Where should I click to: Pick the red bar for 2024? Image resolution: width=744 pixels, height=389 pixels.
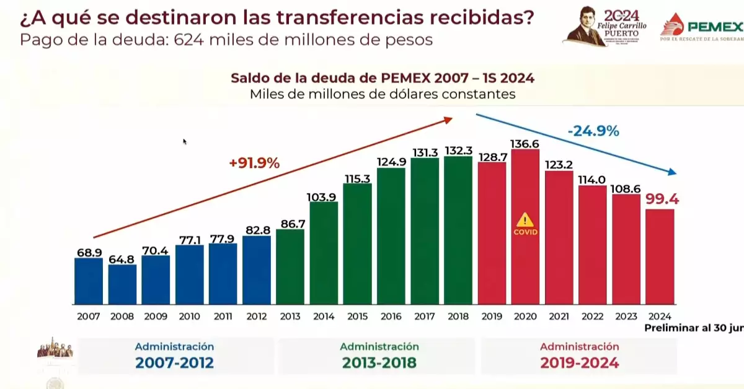pyautogui.click(x=660, y=256)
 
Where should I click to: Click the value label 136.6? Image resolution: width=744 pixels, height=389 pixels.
pyautogui.click(x=525, y=143)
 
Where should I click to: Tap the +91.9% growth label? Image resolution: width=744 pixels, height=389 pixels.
pyautogui.click(x=254, y=164)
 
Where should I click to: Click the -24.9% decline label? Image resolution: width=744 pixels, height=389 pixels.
pyautogui.click(x=593, y=131)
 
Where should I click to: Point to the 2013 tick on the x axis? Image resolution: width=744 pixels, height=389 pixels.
pyautogui.click(x=290, y=316)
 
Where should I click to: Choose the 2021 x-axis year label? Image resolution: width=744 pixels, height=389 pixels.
pyautogui.click(x=559, y=316)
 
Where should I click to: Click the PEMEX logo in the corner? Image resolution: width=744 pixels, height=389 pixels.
pyautogui.click(x=702, y=26)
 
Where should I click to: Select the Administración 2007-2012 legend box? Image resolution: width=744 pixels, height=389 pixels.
pyautogui.click(x=175, y=356)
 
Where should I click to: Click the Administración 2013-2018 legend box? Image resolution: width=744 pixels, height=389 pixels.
pyautogui.click(x=379, y=356)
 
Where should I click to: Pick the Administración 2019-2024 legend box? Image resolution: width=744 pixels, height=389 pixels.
pyautogui.click(x=579, y=356)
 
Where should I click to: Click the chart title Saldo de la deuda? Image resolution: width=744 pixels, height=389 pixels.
pyautogui.click(x=383, y=79)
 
